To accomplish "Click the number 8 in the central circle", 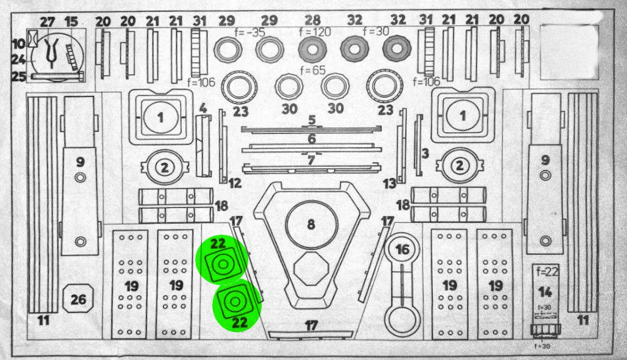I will click(x=311, y=224).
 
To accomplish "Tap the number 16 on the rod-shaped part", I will click(x=402, y=250).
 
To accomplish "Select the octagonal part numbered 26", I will click(x=78, y=299).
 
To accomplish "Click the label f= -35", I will click(x=250, y=32).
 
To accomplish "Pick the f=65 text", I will click(x=313, y=69).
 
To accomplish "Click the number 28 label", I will click(x=313, y=20).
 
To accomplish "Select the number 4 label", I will click(x=203, y=108).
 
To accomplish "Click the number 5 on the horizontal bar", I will click(x=312, y=119).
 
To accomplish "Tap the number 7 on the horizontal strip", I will click(x=311, y=159).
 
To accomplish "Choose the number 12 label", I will click(x=235, y=184).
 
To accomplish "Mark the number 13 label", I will click(x=389, y=184).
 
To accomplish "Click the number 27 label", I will click(x=47, y=22).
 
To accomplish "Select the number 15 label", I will click(x=71, y=22).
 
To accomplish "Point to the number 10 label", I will click(x=18, y=43).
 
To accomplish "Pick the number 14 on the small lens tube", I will click(x=545, y=292).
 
